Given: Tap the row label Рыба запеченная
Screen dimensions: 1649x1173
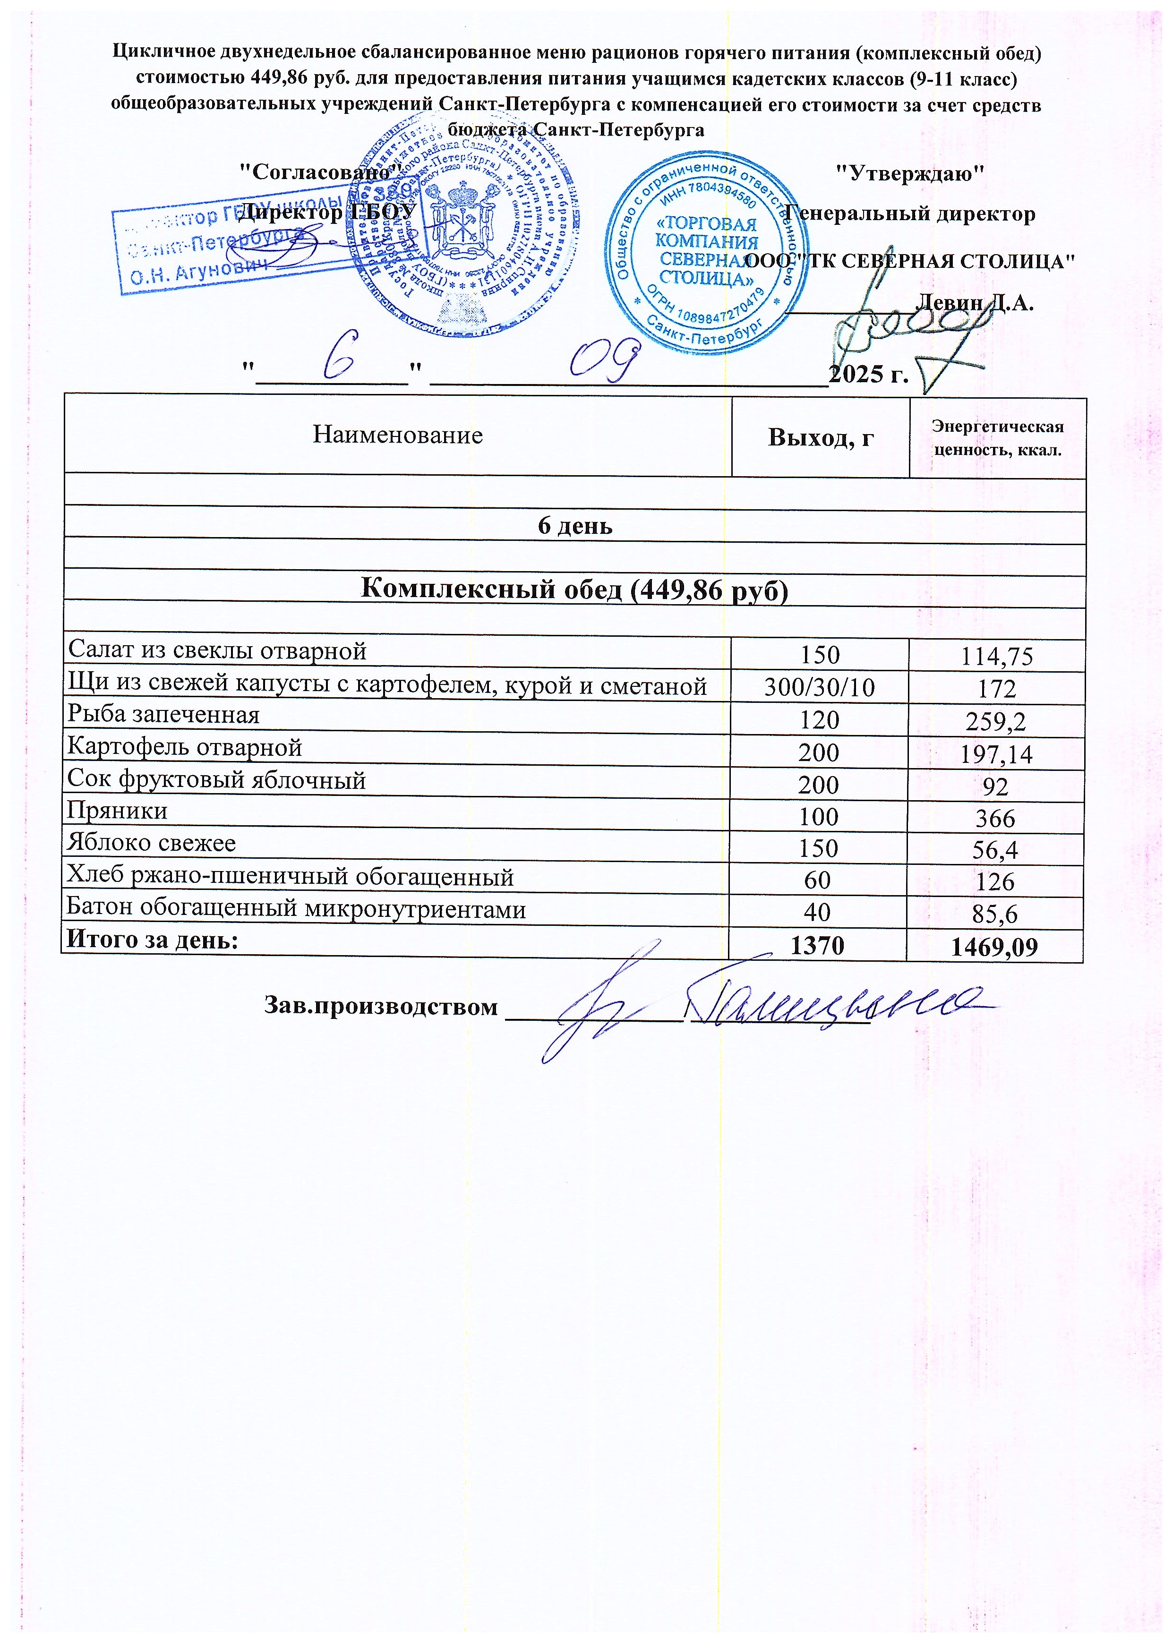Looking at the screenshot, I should pyautogui.click(x=163, y=715).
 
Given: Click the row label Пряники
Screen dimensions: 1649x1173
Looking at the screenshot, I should pyautogui.click(x=117, y=811).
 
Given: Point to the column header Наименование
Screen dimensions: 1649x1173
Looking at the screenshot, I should pyautogui.click(x=397, y=435).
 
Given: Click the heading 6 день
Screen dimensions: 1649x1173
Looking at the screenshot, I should pyautogui.click(x=575, y=526).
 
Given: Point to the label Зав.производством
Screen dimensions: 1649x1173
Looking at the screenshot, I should pyautogui.click(x=381, y=1006).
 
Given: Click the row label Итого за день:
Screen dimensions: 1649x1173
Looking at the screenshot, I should pyautogui.click(x=153, y=940).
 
